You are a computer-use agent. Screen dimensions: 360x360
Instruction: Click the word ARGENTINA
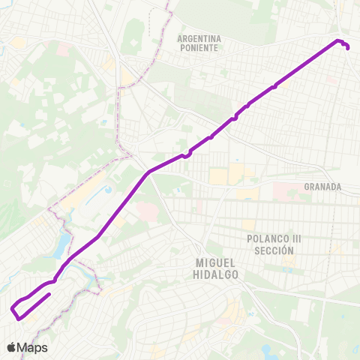tap(199, 37)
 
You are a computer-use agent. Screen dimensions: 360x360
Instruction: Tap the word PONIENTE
tap(199, 47)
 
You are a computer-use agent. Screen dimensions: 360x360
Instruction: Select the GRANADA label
tap(323, 187)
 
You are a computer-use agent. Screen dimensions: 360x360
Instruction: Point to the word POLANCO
tap(262, 238)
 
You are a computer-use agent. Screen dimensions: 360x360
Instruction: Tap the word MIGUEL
tap(216, 263)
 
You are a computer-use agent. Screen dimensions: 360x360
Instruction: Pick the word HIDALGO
tap(216, 274)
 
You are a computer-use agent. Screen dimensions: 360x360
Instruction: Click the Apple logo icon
tap(12, 347)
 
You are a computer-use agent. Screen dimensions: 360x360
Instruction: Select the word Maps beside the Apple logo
tap(33, 347)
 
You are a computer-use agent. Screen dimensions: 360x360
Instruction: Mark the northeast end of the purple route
tap(349, 47)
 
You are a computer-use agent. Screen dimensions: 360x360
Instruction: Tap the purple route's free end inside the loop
tap(49, 295)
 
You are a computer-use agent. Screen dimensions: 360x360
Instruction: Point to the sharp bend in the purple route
tap(148, 172)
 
